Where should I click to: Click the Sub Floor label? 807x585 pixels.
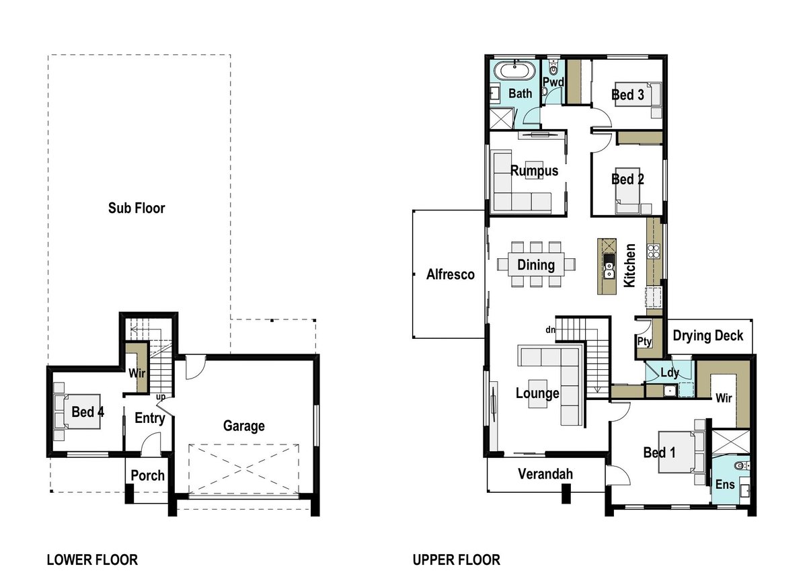tap(137, 208)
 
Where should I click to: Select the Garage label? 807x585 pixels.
tap(243, 426)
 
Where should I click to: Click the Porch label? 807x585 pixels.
tap(147, 475)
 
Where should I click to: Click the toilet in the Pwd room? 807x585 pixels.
tap(553, 69)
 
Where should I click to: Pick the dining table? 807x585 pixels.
tap(536, 264)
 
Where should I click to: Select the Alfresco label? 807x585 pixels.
tap(451, 274)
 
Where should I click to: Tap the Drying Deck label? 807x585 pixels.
tap(707, 335)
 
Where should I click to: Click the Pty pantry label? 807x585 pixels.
tap(643, 342)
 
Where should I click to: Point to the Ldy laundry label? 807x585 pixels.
tap(668, 373)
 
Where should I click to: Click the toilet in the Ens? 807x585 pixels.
tap(740, 465)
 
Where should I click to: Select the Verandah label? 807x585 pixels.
tap(545, 474)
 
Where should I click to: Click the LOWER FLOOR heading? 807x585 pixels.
tap(91, 559)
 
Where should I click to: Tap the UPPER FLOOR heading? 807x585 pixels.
tap(456, 559)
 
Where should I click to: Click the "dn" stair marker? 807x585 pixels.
tap(550, 329)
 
